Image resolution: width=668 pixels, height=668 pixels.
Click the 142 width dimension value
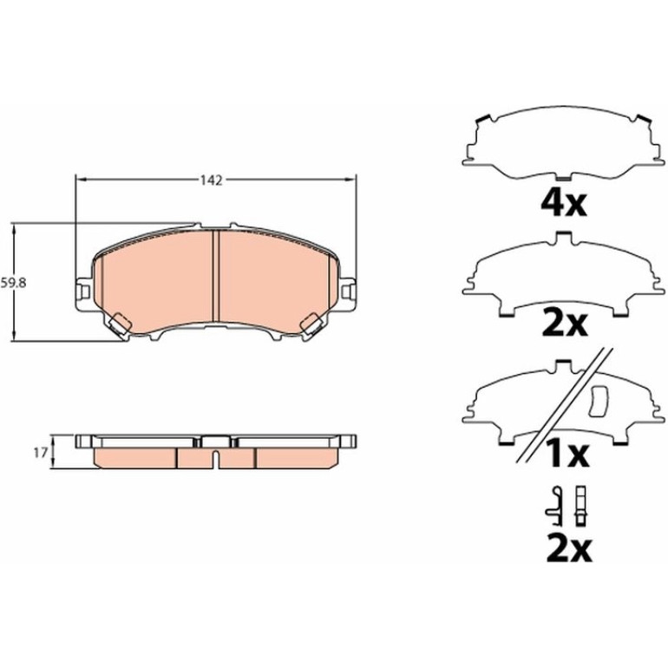(x=212, y=180)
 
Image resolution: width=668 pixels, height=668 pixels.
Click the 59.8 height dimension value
(x=13, y=283)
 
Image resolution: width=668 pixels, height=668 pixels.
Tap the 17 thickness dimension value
(x=40, y=453)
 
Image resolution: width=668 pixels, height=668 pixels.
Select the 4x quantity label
(x=563, y=204)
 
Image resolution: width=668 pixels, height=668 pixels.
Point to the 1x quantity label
(x=567, y=455)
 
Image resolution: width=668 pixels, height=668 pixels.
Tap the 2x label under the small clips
(x=569, y=549)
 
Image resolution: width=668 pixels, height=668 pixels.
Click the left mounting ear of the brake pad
(x=83, y=291)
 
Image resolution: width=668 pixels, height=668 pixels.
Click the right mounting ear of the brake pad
(x=349, y=291)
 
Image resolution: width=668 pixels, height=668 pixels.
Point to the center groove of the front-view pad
(x=215, y=276)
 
